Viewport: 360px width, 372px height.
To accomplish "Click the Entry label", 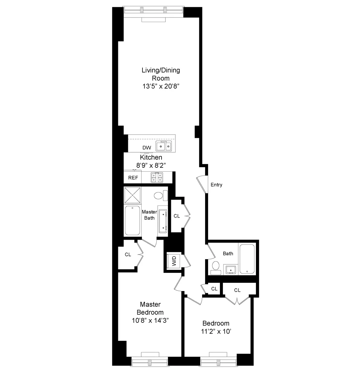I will (216, 185).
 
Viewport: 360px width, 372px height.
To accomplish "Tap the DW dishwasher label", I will (147, 148).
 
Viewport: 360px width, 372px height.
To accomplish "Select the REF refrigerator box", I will (133, 178).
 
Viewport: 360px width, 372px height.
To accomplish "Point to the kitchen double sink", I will (164, 146).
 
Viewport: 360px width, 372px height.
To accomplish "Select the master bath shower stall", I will (133, 196).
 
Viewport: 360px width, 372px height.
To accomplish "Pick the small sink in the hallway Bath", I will (231, 269).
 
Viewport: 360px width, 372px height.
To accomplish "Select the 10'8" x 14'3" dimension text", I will (150, 320).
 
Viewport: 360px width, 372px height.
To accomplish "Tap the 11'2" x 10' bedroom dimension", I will (216, 331).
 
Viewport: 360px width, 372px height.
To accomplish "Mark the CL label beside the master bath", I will (177, 216).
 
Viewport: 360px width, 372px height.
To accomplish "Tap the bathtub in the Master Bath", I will (133, 221).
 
